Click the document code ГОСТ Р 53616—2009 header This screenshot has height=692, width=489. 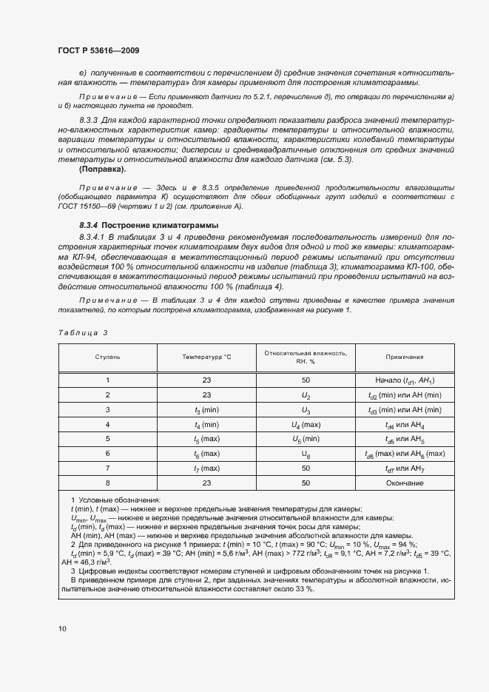tap(98, 50)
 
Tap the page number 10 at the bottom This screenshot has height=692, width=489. tap(62, 628)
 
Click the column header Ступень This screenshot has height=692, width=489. tap(107, 357)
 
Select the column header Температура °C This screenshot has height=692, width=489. tap(206, 357)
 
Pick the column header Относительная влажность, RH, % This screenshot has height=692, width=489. tap(306, 357)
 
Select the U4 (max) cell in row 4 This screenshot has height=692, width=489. tap(306, 425)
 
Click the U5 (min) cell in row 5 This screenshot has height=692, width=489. tap(306, 439)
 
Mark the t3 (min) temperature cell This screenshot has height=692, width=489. tap(206, 410)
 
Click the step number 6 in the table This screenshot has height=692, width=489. tap(107, 454)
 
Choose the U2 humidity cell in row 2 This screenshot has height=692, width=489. tap(306, 395)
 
